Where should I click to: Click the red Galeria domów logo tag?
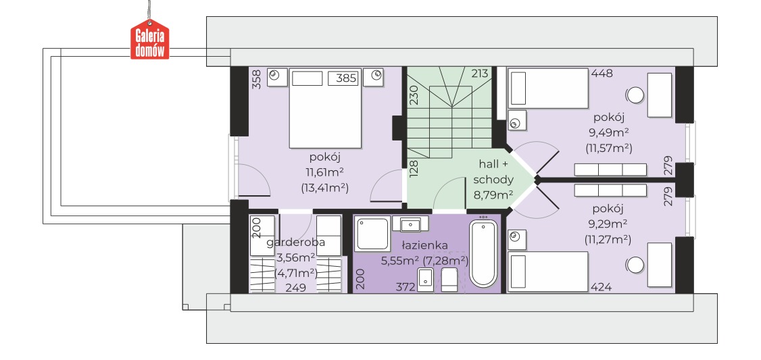(x=150, y=40)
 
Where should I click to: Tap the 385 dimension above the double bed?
(x=346, y=78)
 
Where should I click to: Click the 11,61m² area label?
(x=324, y=172)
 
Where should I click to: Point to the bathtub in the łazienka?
(x=483, y=254)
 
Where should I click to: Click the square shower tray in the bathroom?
(x=372, y=234)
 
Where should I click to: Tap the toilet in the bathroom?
(x=449, y=280)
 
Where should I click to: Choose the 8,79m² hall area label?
(x=493, y=195)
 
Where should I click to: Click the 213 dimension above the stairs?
(x=479, y=73)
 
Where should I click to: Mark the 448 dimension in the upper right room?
(x=602, y=73)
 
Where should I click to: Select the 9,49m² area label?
(x=608, y=132)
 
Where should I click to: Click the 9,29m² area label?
(x=608, y=224)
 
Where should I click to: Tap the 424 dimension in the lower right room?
(x=601, y=287)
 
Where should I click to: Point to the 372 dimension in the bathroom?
(x=406, y=287)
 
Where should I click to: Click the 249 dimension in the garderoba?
(x=295, y=288)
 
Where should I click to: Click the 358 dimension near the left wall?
(x=257, y=80)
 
